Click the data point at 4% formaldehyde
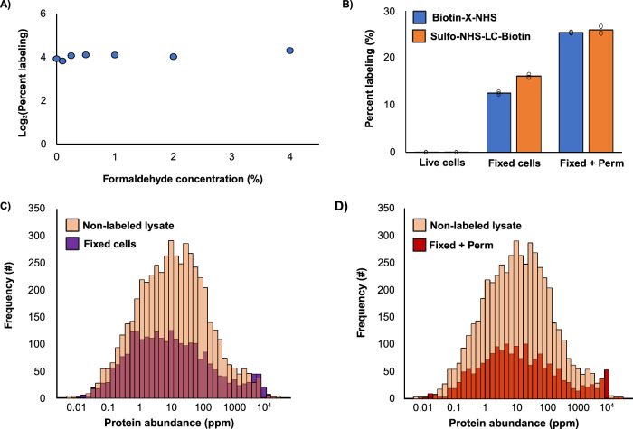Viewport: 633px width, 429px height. pos(290,51)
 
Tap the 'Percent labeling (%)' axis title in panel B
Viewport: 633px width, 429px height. pos(383,81)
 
